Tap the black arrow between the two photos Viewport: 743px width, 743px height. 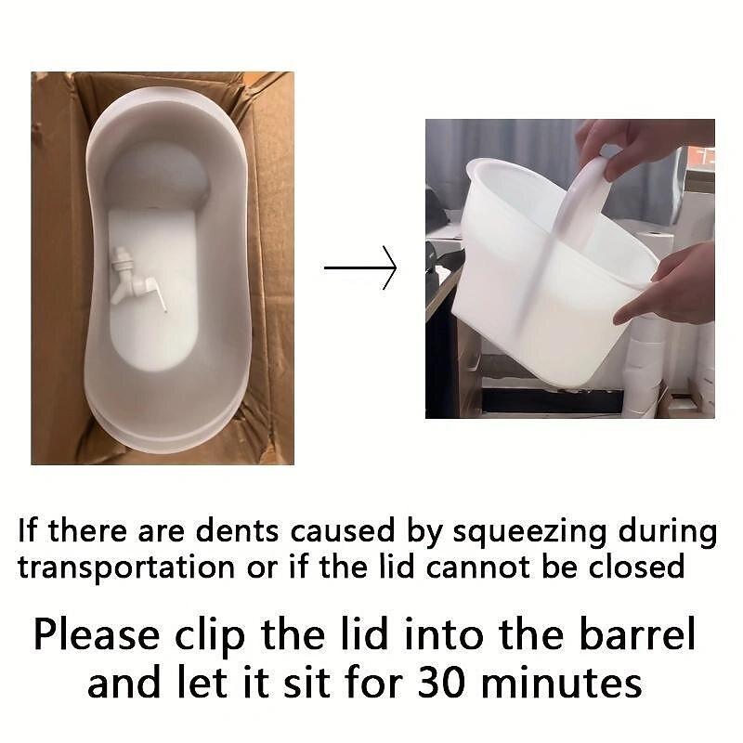coord(360,267)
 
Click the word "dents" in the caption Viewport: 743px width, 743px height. coord(238,530)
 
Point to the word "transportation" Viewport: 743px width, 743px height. coord(126,568)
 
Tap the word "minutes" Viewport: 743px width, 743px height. coord(561,684)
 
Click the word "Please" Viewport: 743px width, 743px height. coord(97,635)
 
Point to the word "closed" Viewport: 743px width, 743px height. coord(636,567)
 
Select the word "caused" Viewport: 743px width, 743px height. coord(342,531)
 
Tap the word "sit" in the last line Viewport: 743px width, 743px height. coord(307,684)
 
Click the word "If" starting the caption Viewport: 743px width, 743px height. coord(28,529)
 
